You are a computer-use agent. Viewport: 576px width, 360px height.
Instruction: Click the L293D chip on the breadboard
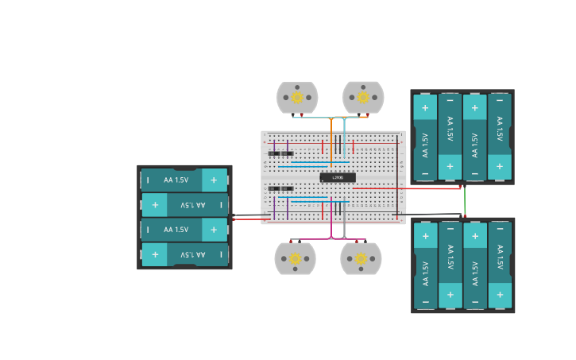(x=338, y=177)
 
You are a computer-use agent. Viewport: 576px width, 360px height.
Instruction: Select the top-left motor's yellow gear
(x=297, y=98)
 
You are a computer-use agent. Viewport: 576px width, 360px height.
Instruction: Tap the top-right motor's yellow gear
(x=363, y=98)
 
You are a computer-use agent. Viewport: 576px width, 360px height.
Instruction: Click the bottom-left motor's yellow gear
(x=295, y=258)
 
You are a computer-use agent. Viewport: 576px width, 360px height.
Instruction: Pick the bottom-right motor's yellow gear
(x=361, y=258)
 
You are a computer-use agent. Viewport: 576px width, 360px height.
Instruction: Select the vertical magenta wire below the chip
(x=331, y=219)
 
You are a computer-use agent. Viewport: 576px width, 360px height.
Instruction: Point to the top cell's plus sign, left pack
(x=213, y=180)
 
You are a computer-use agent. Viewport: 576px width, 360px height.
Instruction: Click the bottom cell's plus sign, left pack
(x=155, y=254)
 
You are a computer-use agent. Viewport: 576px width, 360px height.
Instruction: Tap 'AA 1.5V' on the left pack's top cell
(x=176, y=180)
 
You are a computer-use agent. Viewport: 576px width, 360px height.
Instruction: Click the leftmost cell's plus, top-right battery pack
(x=425, y=108)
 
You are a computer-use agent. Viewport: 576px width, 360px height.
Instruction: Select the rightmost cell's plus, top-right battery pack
(x=499, y=167)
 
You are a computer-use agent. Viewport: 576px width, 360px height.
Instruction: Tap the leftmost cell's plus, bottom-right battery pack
(x=425, y=236)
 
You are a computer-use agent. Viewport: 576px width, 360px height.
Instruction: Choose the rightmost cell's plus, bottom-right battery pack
(x=499, y=295)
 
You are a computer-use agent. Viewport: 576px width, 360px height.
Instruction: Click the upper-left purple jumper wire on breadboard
(x=287, y=147)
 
